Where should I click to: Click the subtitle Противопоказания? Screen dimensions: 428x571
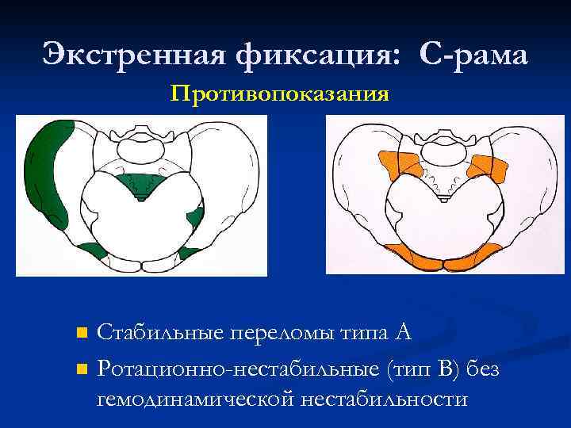[x=279, y=95]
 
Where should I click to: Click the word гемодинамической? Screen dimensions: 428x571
[x=195, y=397]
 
